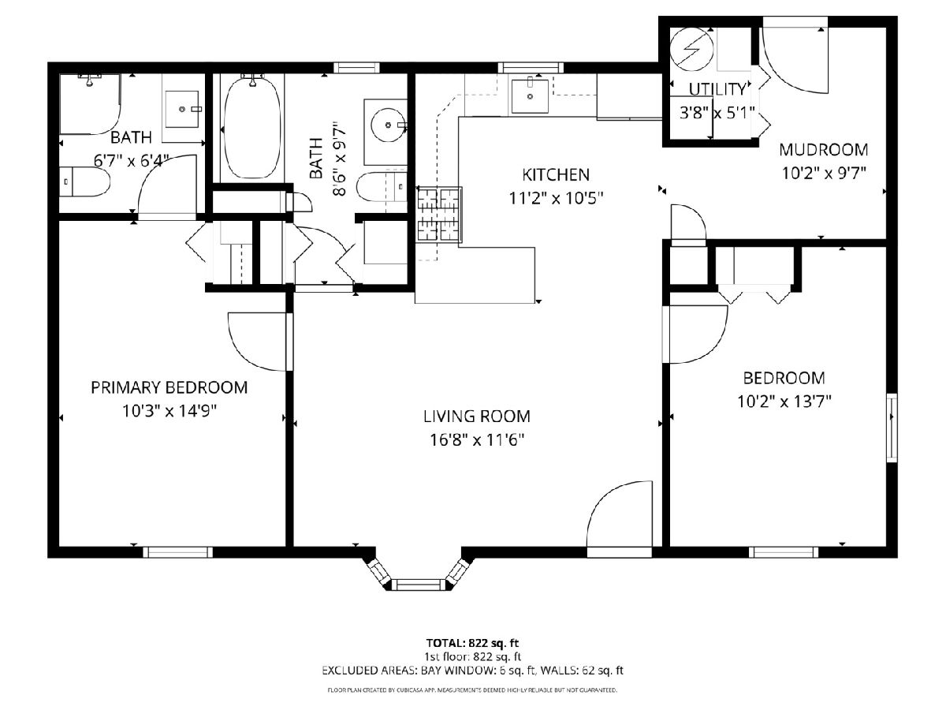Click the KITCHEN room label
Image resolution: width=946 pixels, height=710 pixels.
click(556, 175)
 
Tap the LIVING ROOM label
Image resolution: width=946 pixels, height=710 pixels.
click(477, 417)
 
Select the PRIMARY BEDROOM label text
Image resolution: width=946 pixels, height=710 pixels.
click(169, 387)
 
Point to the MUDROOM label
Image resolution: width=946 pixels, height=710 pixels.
click(823, 150)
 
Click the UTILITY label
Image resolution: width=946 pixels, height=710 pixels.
click(717, 89)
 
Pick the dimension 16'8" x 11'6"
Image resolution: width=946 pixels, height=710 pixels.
click(477, 440)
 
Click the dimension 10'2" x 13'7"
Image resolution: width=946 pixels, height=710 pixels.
click(784, 402)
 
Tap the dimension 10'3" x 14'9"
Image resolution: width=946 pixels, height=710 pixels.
click(169, 411)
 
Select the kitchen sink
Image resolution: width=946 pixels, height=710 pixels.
click(530, 96)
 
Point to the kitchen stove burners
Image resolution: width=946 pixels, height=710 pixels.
click(439, 215)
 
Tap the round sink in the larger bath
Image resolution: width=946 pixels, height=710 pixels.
click(388, 125)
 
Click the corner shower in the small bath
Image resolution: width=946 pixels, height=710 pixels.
click(89, 104)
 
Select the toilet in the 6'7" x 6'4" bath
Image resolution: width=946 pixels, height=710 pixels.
click(84, 182)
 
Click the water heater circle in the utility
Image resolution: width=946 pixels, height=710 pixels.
click(691, 50)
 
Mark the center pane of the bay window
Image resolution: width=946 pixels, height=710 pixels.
click(419, 585)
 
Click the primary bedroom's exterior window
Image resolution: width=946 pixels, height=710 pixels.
click(177, 552)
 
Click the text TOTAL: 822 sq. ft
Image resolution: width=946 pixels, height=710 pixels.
click(472, 644)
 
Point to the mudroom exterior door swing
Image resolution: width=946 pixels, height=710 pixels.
click(795, 61)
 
